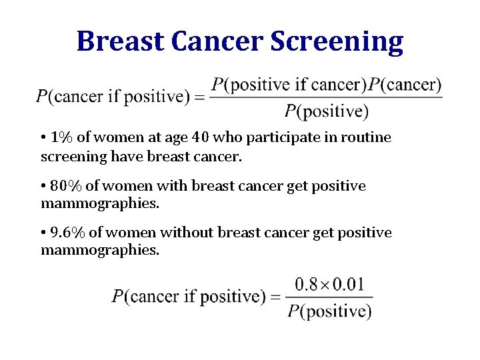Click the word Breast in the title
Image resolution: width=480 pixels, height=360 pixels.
tap(121, 41)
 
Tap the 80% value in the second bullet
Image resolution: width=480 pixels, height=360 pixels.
tap(65, 185)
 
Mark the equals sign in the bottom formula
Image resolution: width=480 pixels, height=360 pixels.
tap(275, 297)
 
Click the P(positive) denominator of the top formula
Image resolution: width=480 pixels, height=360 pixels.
tap(326, 111)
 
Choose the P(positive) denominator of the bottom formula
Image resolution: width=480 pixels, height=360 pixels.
tap(329, 310)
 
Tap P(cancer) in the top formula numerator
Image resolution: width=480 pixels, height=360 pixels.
tap(405, 85)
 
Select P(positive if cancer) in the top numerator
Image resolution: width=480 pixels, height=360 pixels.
tap(289, 85)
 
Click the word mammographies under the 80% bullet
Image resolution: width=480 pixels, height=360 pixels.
tap(100, 203)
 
